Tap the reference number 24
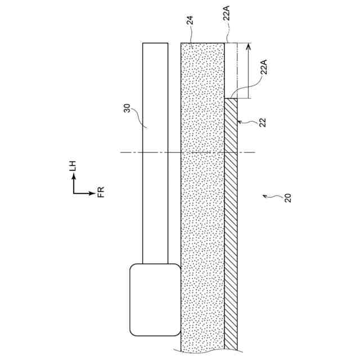pos(190,22)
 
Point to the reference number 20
pos(287,197)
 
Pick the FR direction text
pos(101,193)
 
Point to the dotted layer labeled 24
pos(202,197)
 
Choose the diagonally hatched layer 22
pos(231,225)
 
